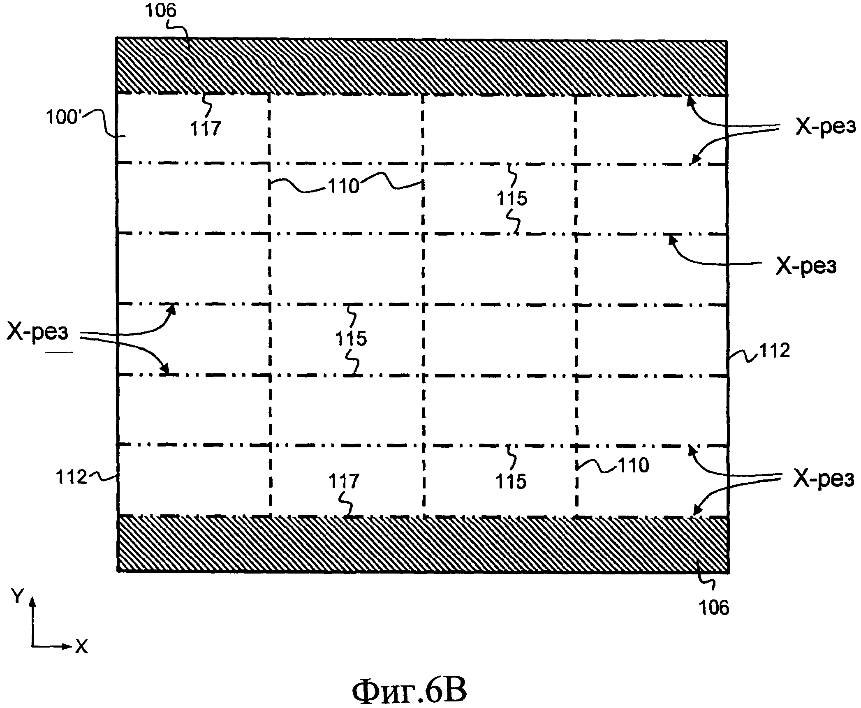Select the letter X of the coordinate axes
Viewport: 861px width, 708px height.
click(x=81, y=647)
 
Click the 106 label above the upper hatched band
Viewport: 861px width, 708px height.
click(x=160, y=11)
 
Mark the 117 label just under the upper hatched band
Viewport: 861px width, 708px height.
click(x=206, y=129)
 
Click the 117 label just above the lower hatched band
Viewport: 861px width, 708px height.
click(x=344, y=481)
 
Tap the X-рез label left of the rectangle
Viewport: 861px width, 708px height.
click(x=37, y=332)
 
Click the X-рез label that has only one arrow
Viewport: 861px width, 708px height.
click(x=805, y=266)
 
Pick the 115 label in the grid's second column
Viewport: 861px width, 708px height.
click(x=351, y=339)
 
